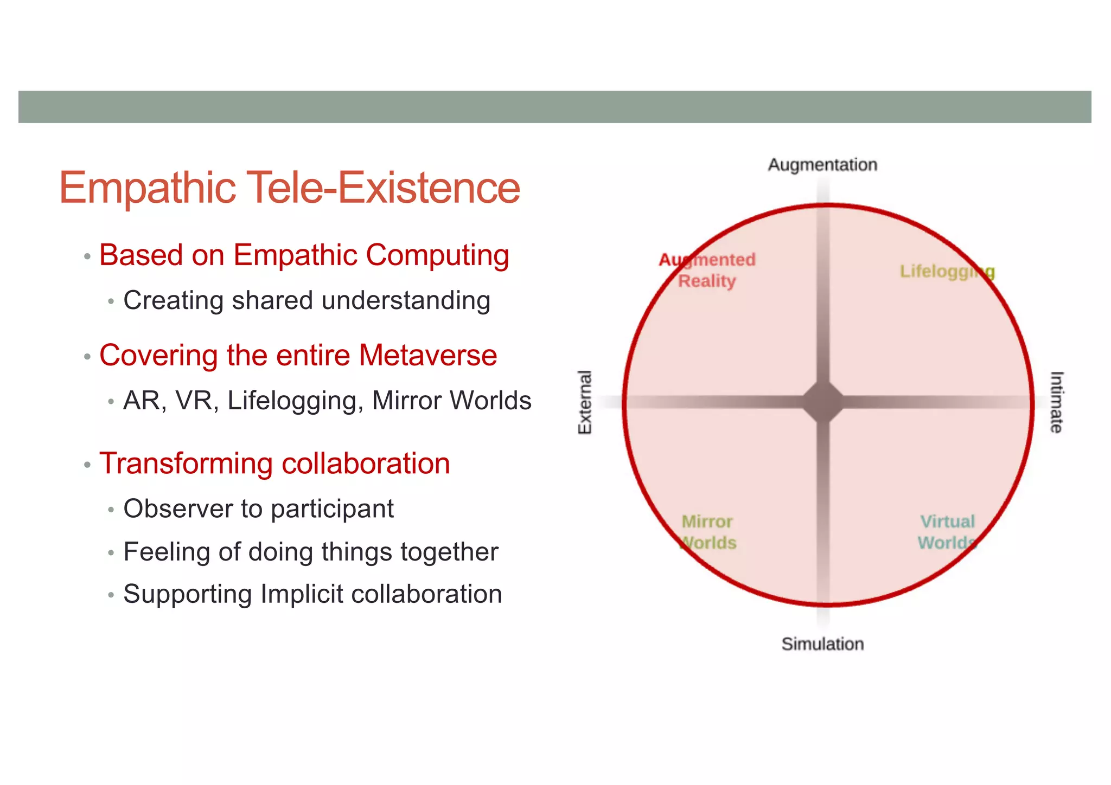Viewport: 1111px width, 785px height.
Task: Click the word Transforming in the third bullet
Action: [185, 464]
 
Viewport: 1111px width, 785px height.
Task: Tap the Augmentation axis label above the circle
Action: [822, 165]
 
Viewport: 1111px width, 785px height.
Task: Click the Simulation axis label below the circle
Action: [822, 644]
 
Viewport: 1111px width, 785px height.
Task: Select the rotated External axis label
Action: [585, 402]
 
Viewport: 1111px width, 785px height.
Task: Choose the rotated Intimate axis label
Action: [1056, 402]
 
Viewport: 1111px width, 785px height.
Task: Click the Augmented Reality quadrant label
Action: [707, 271]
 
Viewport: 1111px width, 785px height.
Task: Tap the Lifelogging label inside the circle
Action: [947, 271]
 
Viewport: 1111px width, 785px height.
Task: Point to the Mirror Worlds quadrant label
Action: [707, 532]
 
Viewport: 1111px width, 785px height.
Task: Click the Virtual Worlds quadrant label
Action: [947, 532]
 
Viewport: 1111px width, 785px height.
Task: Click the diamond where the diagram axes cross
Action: [823, 402]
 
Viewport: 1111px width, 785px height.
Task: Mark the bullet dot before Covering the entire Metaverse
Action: [87, 357]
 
